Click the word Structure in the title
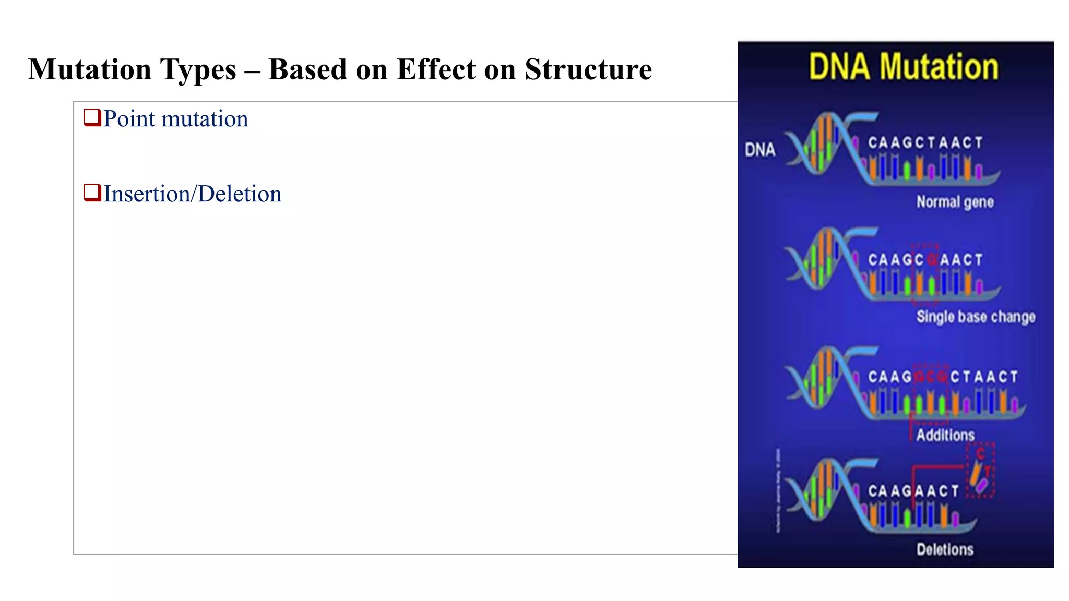(588, 69)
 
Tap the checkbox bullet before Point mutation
(92, 117)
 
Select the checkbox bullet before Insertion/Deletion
(92, 193)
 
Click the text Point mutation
(175, 119)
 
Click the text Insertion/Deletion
(192, 194)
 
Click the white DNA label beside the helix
(759, 150)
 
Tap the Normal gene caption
(955, 202)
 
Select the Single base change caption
(976, 317)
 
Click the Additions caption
(945, 435)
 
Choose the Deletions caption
(945, 549)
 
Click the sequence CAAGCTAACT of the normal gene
(925, 143)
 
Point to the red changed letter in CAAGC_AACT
(931, 260)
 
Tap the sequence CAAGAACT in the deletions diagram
(913, 491)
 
